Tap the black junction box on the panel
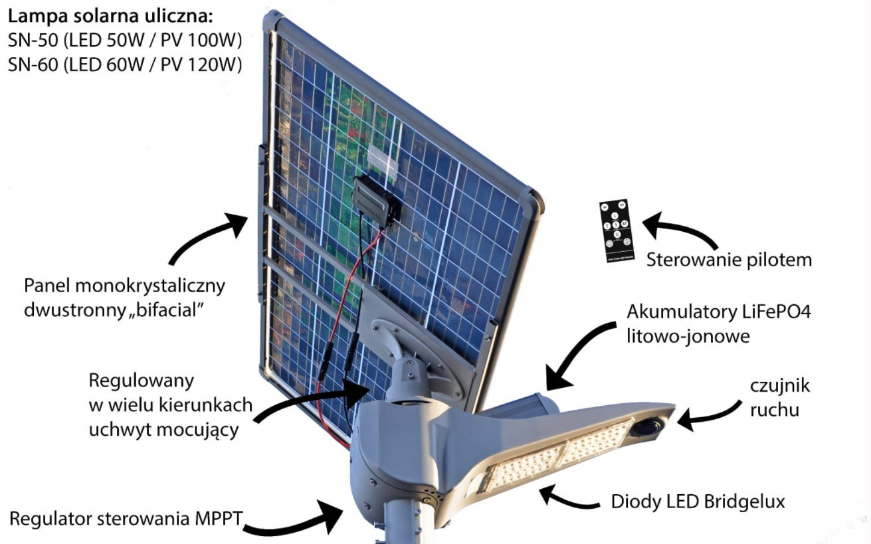[376, 199]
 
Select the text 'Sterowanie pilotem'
[729, 260]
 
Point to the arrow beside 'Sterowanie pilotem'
[678, 229]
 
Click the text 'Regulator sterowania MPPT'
[126, 517]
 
